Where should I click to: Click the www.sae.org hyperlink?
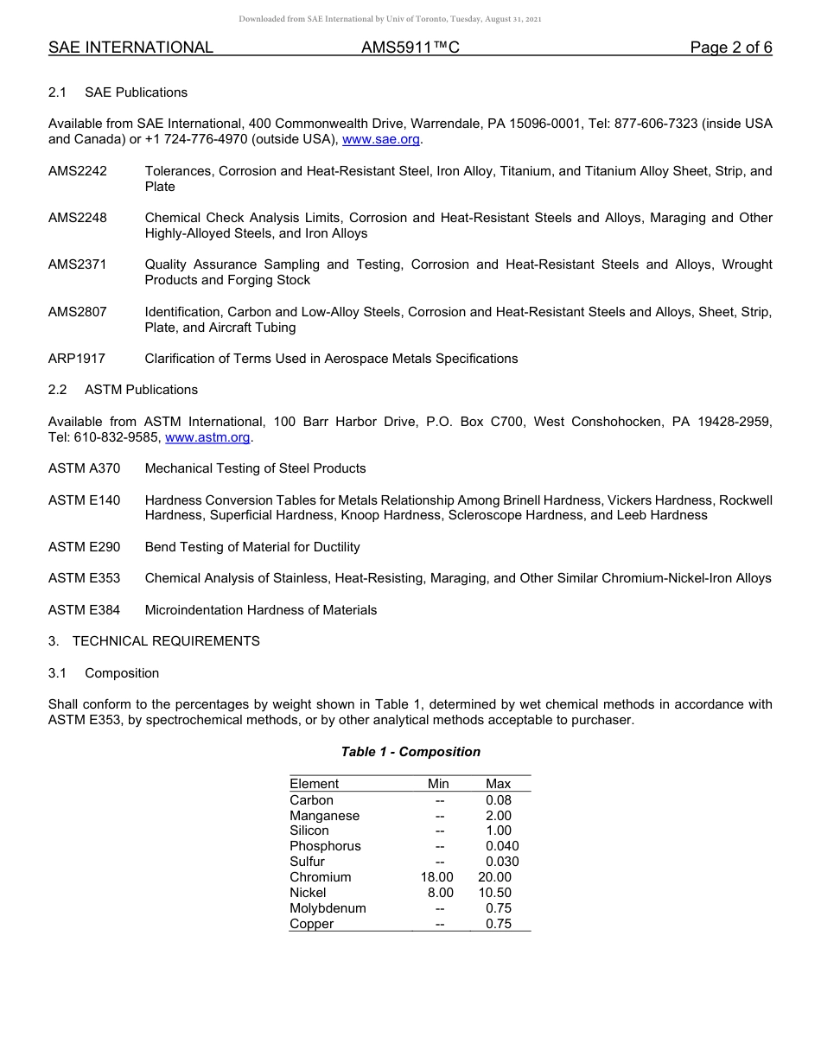tap(382, 139)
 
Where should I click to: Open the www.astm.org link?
tap(207, 437)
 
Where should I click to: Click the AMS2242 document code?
tap(78, 171)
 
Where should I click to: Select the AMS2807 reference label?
tap(78, 311)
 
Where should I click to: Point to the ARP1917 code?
tap(77, 359)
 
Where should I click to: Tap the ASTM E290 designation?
tap(85, 547)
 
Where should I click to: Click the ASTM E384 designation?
tap(85, 610)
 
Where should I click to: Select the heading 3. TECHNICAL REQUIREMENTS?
tap(154, 641)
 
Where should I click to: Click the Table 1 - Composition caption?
tap(410, 752)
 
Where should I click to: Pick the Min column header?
tap(438, 784)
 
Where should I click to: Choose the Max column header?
tap(499, 784)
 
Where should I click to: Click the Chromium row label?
tap(321, 877)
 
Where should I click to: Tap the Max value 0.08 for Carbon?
tap(499, 800)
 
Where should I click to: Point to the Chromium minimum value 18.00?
tap(436, 877)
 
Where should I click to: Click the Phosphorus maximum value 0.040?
tap(502, 846)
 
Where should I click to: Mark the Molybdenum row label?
tap(328, 908)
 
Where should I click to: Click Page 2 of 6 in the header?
tap(730, 48)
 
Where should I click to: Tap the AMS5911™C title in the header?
tap(410, 48)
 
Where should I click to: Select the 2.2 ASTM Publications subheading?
tap(123, 390)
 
